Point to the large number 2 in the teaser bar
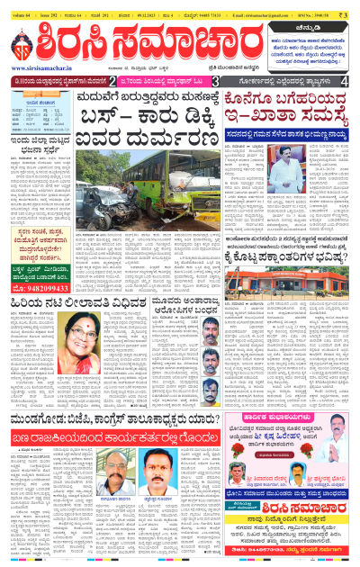[112, 82]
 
